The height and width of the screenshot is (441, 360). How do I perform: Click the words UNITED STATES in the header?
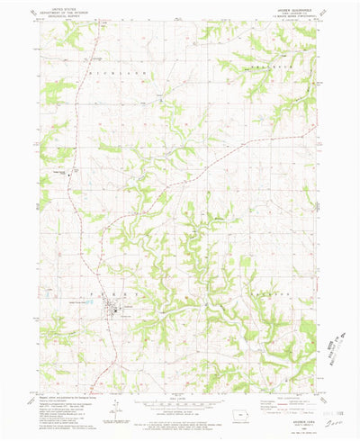tap(55, 6)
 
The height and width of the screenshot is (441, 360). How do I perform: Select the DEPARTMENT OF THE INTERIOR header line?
tap(55, 11)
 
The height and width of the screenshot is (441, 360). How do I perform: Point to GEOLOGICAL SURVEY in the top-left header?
tap(55, 15)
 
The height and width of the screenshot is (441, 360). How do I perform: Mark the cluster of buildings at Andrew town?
tap(115, 311)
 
